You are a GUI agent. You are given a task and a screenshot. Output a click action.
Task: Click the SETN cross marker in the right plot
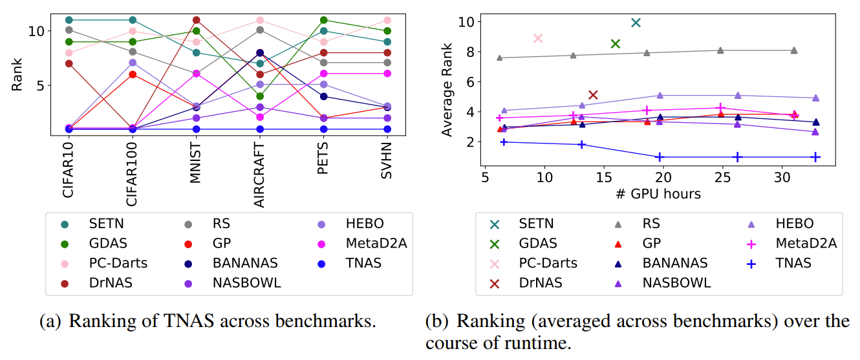coord(636,23)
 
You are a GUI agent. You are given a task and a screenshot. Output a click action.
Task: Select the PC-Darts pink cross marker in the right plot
coord(537,38)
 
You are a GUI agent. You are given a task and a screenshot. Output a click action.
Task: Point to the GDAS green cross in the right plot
coord(616,43)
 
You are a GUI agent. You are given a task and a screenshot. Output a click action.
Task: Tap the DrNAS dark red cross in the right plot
coord(593,95)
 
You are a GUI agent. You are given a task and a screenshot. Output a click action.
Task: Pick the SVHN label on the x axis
coord(387,159)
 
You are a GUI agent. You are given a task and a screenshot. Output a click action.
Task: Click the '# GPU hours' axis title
coord(658,193)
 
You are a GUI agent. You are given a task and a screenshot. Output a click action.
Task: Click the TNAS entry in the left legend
coord(363,263)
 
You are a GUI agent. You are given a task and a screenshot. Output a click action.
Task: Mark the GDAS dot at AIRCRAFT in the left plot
coord(260,96)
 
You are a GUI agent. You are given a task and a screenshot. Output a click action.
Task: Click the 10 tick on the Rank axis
coord(36,30)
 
